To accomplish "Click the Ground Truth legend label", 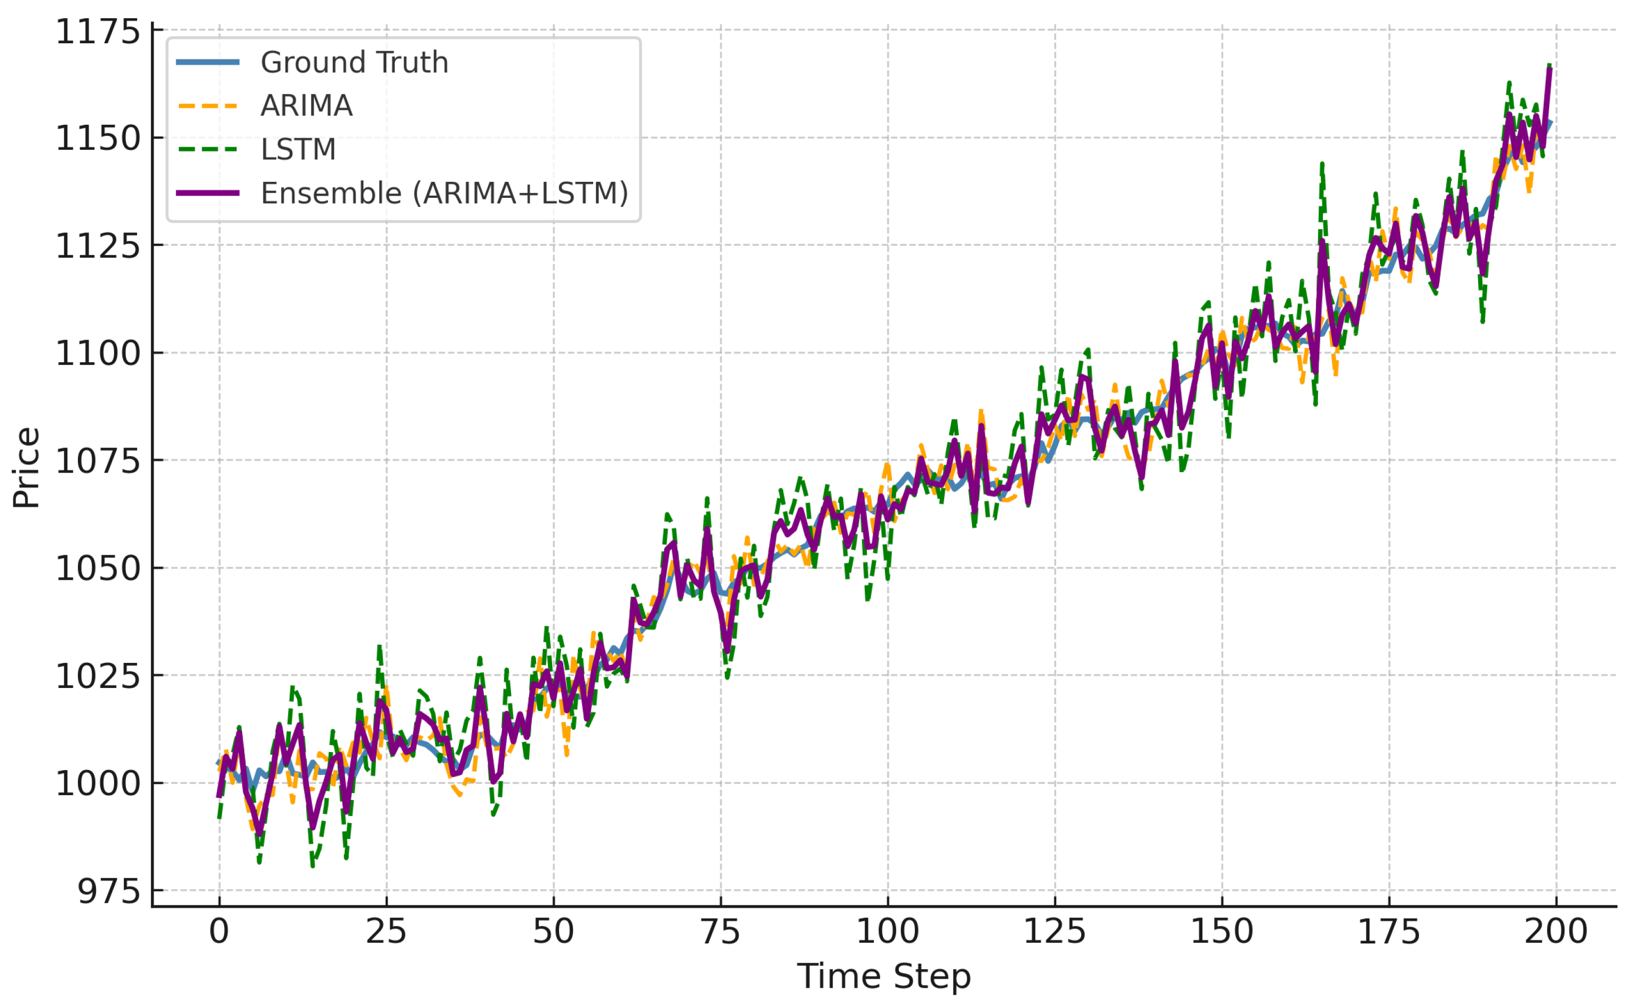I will [354, 63].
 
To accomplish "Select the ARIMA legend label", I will [306, 106].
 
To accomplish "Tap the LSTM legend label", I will [298, 149].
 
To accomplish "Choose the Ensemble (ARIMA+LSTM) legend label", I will [444, 193].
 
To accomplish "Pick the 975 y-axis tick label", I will [109, 891].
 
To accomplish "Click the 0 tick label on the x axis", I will [219, 931].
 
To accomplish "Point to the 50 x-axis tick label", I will [554, 931].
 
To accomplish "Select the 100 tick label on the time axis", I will [888, 931].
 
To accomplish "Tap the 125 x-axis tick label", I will [1055, 931].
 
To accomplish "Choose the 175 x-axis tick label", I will [1389, 931].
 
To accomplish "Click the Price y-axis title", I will [27, 468].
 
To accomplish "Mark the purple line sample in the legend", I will [208, 193].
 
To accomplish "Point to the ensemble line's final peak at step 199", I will [1550, 69].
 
